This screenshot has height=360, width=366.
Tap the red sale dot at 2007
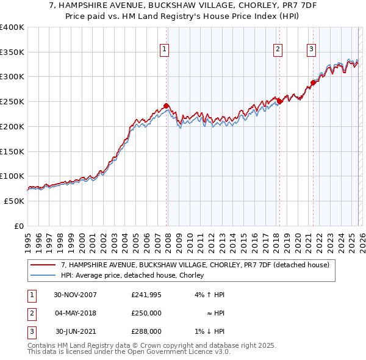click(x=166, y=106)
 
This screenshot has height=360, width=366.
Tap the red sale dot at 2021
click(x=313, y=82)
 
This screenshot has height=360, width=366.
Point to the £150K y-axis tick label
click(x=11, y=151)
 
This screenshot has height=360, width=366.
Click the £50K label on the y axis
click(x=13, y=201)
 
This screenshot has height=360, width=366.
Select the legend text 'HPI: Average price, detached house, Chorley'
click(x=132, y=276)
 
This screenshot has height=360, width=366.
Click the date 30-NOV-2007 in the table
click(x=75, y=295)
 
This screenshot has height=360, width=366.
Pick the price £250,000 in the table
click(x=146, y=313)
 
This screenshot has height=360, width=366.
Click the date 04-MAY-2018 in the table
click(x=75, y=313)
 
